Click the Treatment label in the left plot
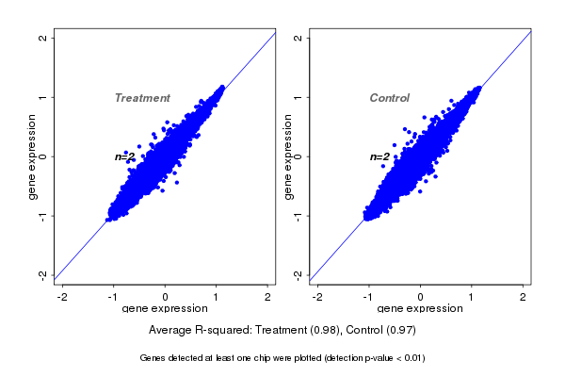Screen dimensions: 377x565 point(142,98)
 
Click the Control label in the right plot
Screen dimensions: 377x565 point(389,98)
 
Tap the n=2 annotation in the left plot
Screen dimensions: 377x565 point(125,156)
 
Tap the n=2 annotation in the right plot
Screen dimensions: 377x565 point(379,156)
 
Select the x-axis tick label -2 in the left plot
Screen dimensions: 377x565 point(62,298)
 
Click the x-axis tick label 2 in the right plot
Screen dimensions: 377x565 point(524,298)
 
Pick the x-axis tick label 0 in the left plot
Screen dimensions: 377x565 point(166,298)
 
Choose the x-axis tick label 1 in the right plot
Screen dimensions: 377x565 point(472,298)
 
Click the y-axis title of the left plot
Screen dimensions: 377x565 point(33,156)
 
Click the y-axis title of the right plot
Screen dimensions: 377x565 point(287,156)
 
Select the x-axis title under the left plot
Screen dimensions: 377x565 point(166,309)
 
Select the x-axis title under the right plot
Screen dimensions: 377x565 point(420,309)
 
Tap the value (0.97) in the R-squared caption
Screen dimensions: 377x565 point(399,331)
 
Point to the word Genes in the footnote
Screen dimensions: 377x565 point(153,358)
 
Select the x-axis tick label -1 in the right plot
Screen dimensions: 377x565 point(368,298)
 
